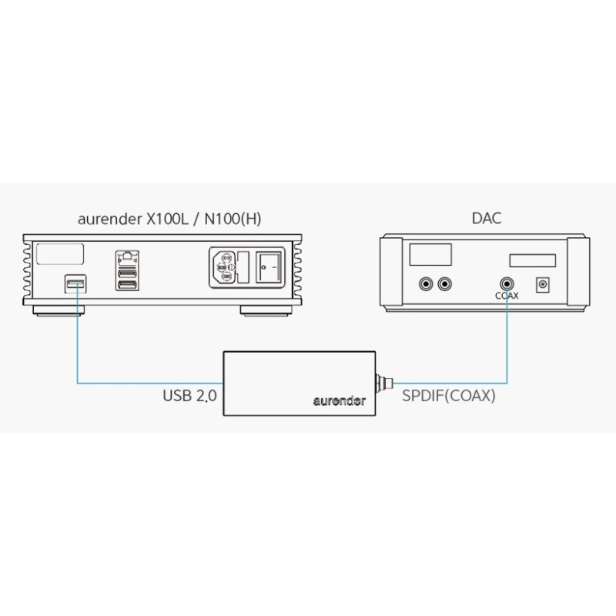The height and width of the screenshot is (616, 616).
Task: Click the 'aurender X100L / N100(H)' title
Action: click(169, 219)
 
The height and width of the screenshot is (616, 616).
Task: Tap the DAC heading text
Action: click(486, 219)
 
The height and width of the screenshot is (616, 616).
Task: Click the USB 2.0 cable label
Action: click(190, 397)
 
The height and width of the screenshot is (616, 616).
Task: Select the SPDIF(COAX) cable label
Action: click(449, 397)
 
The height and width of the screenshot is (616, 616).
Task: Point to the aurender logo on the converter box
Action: click(339, 401)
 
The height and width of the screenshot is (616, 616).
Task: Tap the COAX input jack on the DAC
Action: click(507, 284)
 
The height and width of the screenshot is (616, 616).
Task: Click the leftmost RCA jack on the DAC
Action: click(424, 284)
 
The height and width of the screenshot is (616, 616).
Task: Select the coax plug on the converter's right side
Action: click(383, 380)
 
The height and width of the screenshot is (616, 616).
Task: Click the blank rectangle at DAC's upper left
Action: click(430, 255)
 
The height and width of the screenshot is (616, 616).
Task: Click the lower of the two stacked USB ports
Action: click(127, 286)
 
